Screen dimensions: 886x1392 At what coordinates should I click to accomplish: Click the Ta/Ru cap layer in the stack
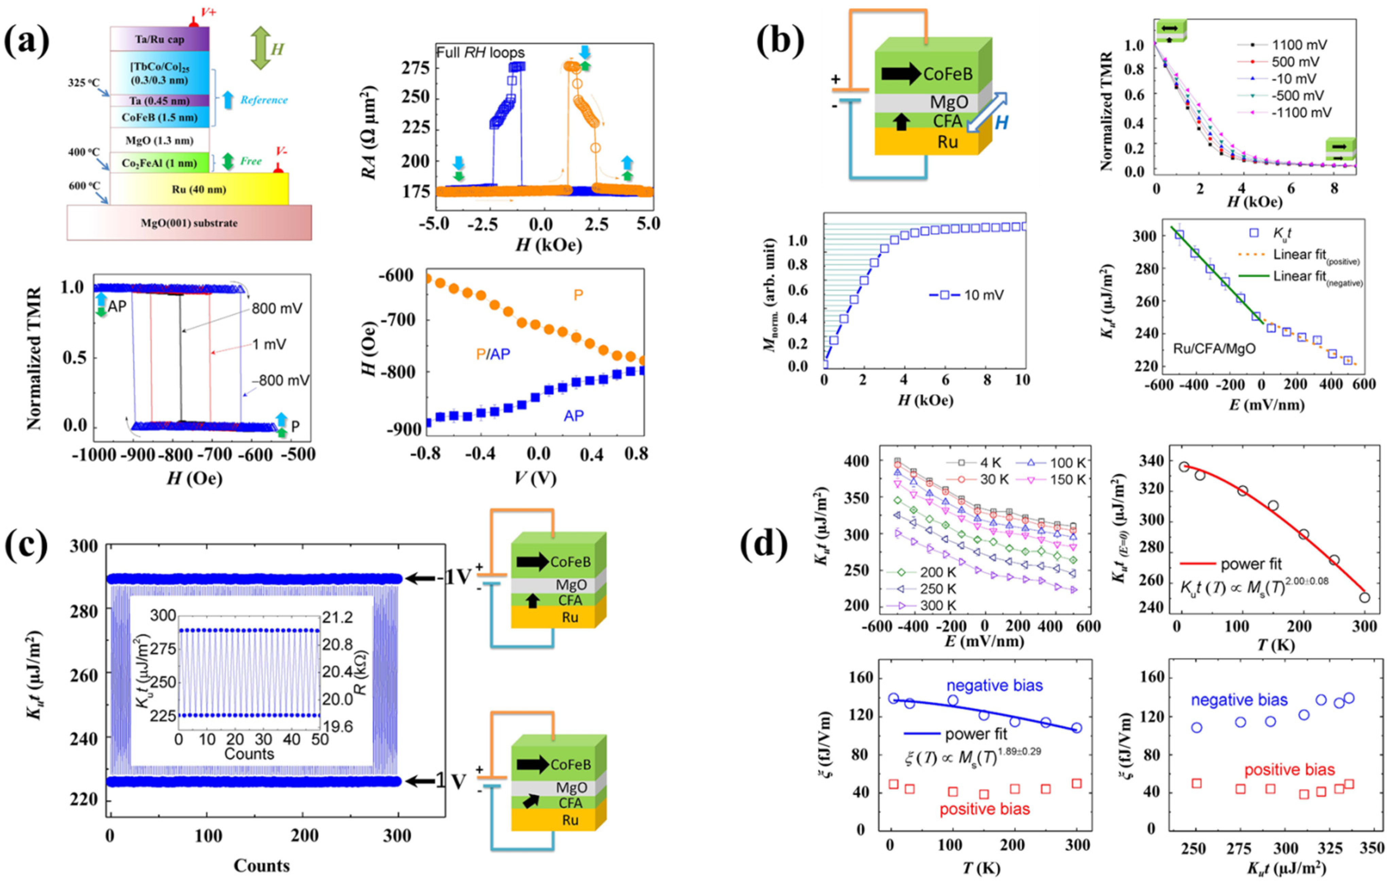(x=159, y=39)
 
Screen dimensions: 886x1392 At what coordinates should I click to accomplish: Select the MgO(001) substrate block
(x=189, y=223)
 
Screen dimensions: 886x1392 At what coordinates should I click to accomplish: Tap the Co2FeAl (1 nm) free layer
(x=159, y=163)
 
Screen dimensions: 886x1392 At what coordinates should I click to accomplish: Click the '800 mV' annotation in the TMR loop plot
(x=276, y=309)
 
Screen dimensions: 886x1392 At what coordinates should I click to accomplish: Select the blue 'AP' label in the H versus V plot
(x=574, y=415)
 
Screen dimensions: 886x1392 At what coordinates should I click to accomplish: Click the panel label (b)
(x=780, y=41)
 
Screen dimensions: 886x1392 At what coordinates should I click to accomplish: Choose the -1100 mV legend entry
(x=1301, y=112)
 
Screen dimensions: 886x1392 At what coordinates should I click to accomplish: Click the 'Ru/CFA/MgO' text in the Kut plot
(x=1214, y=349)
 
